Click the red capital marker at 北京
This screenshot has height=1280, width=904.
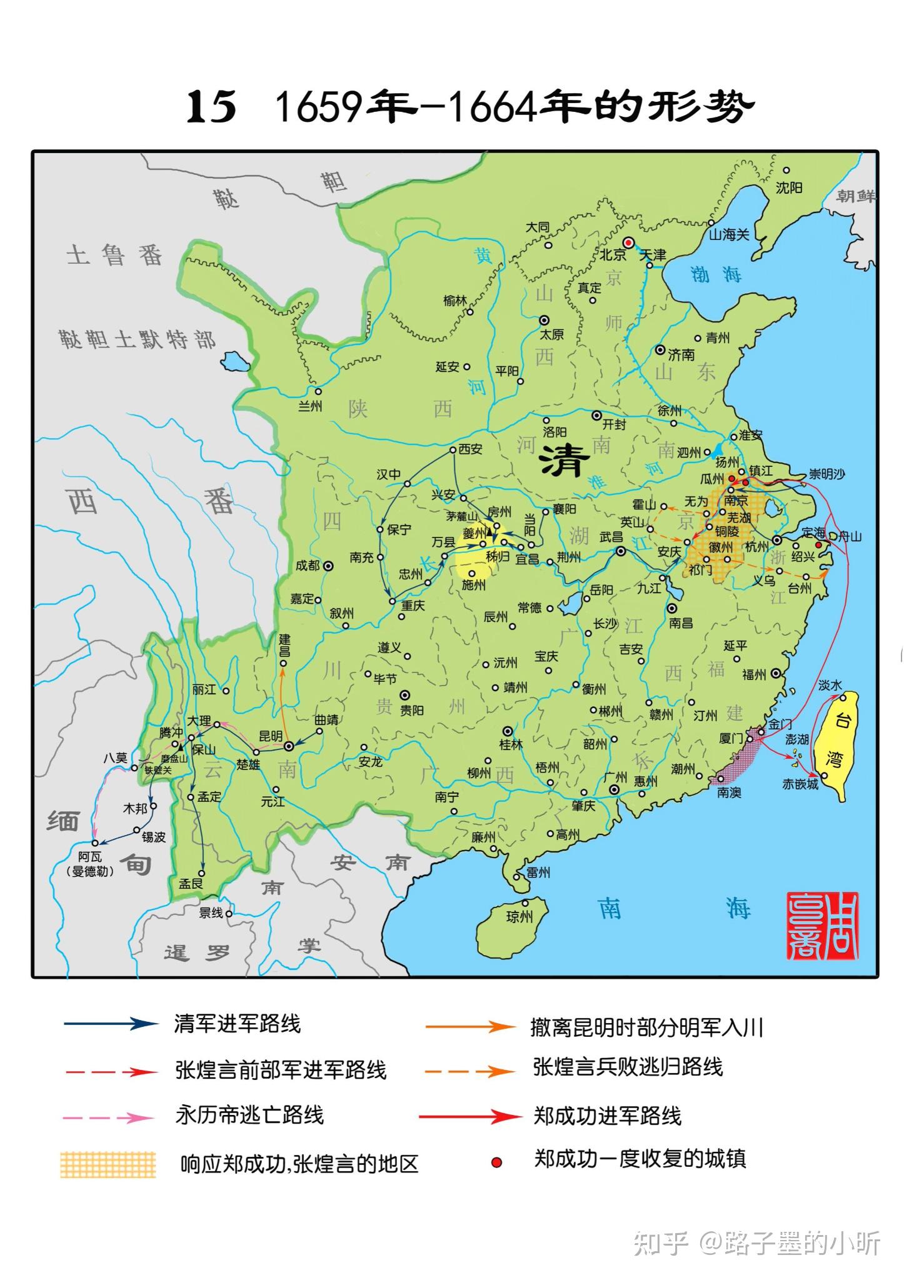click(628, 242)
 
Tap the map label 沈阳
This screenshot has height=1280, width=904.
click(788, 187)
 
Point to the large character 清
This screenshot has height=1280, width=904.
click(564, 462)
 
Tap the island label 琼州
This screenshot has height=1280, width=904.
click(519, 917)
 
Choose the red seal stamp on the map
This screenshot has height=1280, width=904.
click(822, 926)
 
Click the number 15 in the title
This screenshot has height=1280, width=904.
click(211, 107)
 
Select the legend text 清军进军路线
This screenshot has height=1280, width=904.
click(237, 1024)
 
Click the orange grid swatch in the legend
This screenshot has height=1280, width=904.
click(108, 1164)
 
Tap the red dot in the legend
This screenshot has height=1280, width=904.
click(496, 1162)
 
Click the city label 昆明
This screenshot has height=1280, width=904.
click(270, 736)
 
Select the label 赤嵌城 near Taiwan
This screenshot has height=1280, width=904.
click(800, 784)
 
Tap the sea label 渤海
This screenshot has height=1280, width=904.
click(716, 274)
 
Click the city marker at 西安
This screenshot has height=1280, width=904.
click(453, 449)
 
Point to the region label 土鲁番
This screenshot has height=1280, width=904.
click(114, 255)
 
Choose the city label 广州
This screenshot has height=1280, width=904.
click(616, 777)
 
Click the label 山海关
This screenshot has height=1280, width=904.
click(728, 235)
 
